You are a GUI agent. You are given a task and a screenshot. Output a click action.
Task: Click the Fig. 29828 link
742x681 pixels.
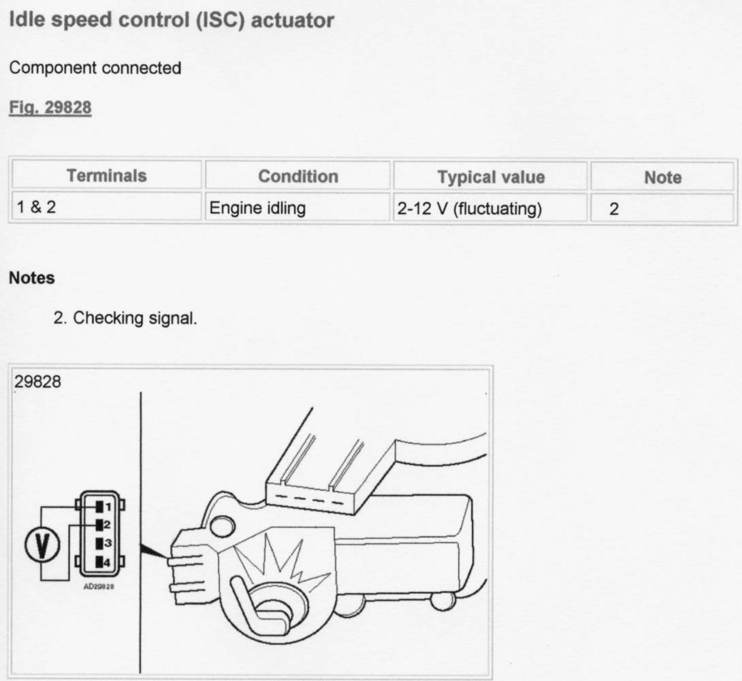[50, 108]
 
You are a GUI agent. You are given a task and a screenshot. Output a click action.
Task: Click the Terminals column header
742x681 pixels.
[106, 176]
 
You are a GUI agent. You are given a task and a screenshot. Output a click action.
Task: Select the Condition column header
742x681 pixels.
[297, 176]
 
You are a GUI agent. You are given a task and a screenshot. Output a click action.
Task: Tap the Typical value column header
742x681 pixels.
[491, 177]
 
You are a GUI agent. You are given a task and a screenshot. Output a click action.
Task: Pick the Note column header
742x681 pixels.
[662, 177]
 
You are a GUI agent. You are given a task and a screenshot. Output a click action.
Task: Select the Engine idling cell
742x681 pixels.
[257, 208]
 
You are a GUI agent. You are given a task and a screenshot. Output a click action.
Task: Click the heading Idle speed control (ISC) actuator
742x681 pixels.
[171, 20]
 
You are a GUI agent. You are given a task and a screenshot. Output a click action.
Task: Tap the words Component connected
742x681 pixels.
[95, 68]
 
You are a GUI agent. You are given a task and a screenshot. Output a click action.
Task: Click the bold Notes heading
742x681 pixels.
[31, 279]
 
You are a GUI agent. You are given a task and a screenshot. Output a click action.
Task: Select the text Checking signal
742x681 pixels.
[135, 317]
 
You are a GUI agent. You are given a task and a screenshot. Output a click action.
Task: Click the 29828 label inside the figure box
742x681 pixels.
[37, 382]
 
